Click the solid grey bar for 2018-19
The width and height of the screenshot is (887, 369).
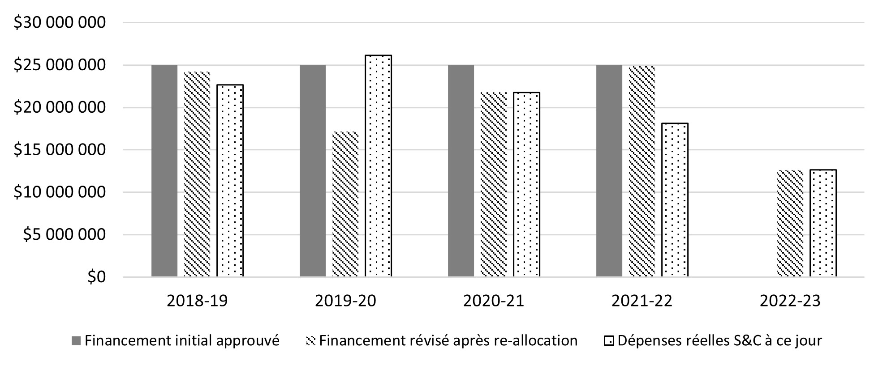(x=164, y=171)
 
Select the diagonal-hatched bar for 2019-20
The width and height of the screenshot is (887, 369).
(x=345, y=204)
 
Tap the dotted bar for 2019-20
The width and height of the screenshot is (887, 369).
(x=378, y=166)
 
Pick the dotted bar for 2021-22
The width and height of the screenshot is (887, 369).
(x=675, y=200)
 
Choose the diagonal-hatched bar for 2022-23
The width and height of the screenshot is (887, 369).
(x=790, y=224)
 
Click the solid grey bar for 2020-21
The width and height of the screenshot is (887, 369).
(x=461, y=171)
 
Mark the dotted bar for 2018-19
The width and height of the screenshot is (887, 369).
(x=230, y=181)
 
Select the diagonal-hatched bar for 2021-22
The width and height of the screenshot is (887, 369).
(x=642, y=171)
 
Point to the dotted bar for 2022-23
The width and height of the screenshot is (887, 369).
(x=823, y=223)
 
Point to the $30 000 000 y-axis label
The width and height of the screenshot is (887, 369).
(x=60, y=22)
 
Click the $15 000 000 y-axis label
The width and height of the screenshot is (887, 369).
(x=60, y=150)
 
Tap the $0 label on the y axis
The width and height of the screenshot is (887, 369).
(x=96, y=277)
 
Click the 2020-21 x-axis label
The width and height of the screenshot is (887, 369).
(x=494, y=301)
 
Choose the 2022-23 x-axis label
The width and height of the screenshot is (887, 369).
(x=790, y=301)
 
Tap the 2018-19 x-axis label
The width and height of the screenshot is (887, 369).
(x=197, y=301)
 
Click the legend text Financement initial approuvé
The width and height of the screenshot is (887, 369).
(x=182, y=341)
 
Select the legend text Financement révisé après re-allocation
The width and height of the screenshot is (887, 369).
(x=448, y=341)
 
